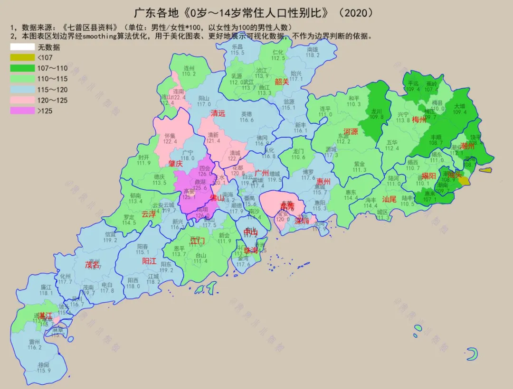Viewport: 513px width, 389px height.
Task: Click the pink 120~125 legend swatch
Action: [22, 101]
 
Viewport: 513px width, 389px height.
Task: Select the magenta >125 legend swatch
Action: [22, 111]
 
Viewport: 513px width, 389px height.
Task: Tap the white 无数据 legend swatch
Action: [22, 47]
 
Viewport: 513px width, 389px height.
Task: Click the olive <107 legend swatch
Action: [22, 57]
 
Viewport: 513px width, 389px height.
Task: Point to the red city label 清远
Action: [218, 113]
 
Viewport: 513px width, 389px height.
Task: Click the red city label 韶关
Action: [282, 82]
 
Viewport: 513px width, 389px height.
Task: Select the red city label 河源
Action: [351, 131]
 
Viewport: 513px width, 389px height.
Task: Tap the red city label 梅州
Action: [419, 120]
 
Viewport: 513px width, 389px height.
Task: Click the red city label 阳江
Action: [149, 261]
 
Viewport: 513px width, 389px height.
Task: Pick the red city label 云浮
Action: [149, 214]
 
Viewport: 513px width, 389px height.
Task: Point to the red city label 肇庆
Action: [175, 164]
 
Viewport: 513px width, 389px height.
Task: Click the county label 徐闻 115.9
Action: [44, 367]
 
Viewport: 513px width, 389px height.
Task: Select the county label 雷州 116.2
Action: [35, 344]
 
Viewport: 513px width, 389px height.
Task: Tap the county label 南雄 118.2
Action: [313, 52]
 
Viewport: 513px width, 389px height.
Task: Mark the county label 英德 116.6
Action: [247, 117]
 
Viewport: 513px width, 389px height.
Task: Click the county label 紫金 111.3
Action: [360, 167]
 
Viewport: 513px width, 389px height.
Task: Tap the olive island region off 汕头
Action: [485, 170]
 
